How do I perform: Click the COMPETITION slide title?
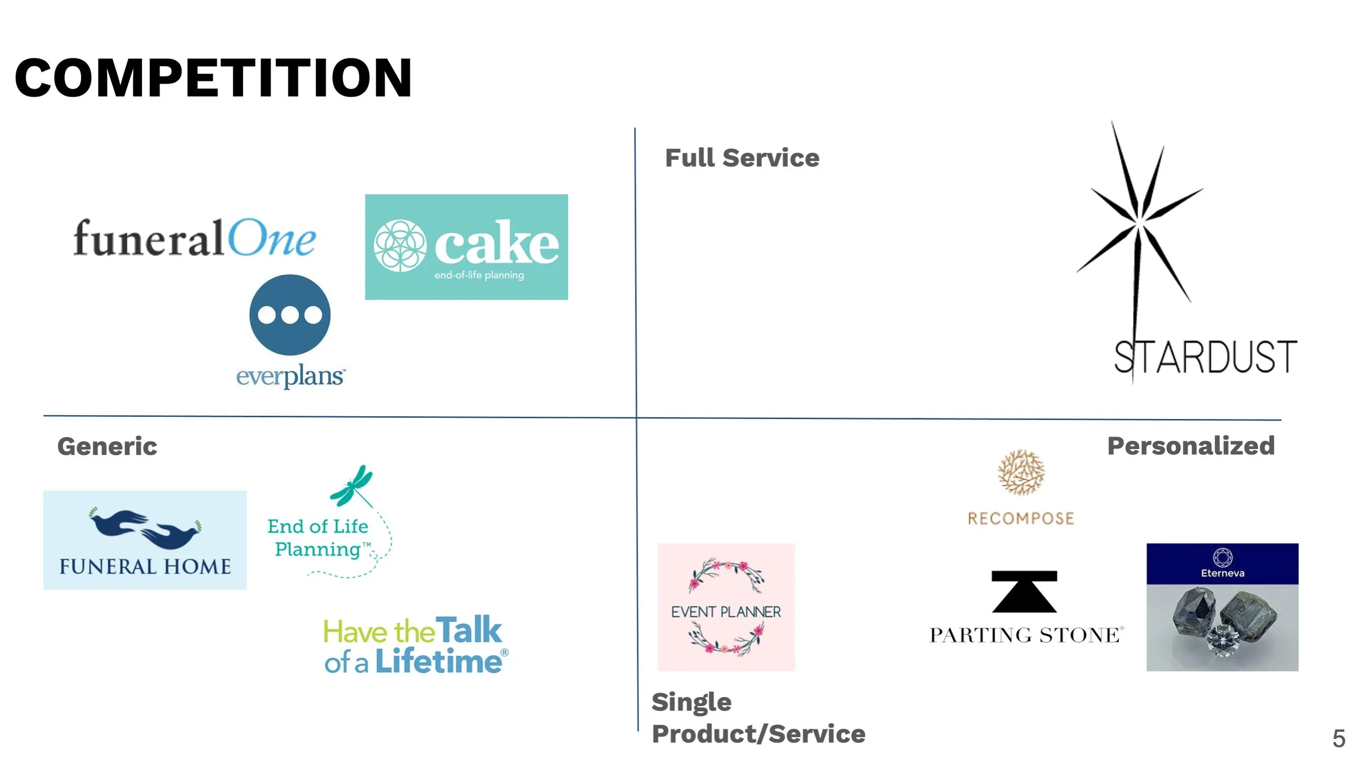[x=213, y=78]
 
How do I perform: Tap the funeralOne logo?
[x=195, y=239]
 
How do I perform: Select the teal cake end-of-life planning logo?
[x=466, y=247]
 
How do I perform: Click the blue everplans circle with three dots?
[x=290, y=315]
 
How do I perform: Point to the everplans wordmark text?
[x=290, y=376]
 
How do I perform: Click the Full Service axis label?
[x=742, y=158]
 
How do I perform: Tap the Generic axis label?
[x=107, y=446]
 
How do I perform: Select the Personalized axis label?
[x=1191, y=446]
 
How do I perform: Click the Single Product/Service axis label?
[x=758, y=718]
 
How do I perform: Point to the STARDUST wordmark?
[x=1205, y=357]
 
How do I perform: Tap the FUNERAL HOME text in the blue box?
[x=145, y=566]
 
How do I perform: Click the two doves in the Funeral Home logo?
[x=145, y=527]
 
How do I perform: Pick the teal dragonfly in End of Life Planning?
[x=351, y=485]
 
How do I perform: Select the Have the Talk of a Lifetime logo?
[x=415, y=645]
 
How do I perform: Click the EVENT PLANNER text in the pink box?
[x=726, y=612]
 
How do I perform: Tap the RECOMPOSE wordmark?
[x=1021, y=518]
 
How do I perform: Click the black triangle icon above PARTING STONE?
[x=1024, y=592]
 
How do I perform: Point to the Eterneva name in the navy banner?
[x=1222, y=573]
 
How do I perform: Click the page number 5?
[x=1339, y=739]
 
